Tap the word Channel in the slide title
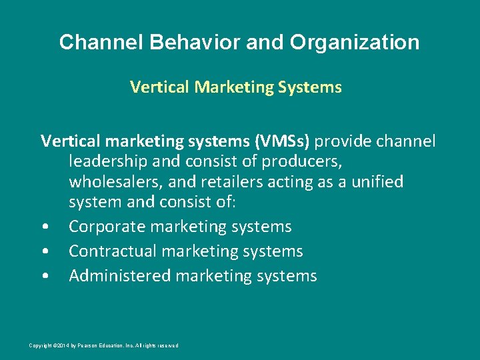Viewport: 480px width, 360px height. [x=101, y=43]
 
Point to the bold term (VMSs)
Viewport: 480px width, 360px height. [x=279, y=141]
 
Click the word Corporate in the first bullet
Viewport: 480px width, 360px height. [x=107, y=227]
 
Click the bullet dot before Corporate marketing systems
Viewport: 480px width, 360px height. [x=43, y=227]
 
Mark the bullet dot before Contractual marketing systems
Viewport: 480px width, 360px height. [x=43, y=252]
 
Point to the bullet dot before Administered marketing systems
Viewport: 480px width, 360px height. [x=43, y=277]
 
